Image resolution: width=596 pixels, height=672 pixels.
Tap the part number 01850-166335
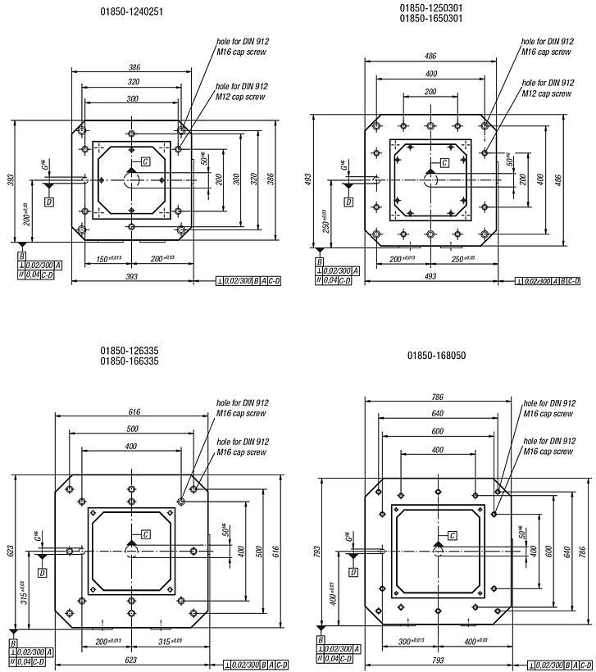[130, 361]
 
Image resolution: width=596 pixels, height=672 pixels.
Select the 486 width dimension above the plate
[430, 56]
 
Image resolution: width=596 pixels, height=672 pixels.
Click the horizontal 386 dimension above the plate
[131, 67]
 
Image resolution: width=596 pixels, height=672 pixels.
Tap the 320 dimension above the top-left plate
[131, 82]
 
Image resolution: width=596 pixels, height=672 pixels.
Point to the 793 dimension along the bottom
[437, 660]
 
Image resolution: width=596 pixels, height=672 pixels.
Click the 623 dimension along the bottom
[131, 660]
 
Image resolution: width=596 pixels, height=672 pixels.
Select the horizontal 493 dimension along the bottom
[430, 278]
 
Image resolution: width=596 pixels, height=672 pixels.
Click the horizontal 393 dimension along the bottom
[132, 278]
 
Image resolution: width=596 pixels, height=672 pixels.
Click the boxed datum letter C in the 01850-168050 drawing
[452, 535]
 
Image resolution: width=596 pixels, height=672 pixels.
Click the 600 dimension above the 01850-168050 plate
[437, 432]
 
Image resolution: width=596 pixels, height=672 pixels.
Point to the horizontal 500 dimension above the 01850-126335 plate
[131, 429]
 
